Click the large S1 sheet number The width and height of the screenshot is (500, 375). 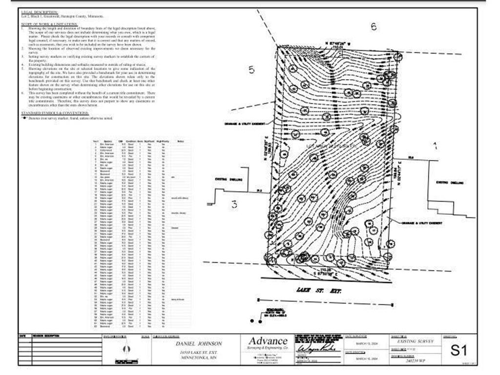coord(459,351)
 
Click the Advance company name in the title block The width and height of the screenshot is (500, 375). coord(268,341)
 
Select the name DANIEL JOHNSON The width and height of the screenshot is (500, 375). coord(199,343)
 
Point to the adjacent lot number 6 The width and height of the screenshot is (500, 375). coord(374,27)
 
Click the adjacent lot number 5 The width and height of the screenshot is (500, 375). coord(251,69)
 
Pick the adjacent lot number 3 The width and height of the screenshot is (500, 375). coord(234,205)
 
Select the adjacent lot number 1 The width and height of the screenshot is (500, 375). coord(435,145)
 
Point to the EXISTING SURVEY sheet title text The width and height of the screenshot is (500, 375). coord(416,343)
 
